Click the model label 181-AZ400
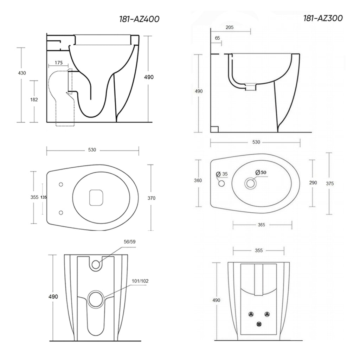[x=139, y=19]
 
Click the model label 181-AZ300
[x=323, y=18]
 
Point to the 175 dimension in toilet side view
[x=59, y=63]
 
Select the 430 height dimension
[x=22, y=73]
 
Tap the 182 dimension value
[x=34, y=99]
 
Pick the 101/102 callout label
[x=141, y=281]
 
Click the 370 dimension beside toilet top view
[x=151, y=198]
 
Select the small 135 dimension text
[x=44, y=198]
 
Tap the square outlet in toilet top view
[x=96, y=198]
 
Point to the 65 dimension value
[x=217, y=38]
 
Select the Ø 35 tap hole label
[x=222, y=174]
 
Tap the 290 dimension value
[x=313, y=182]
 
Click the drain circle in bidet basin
[x=251, y=183]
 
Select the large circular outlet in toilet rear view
[x=95, y=299]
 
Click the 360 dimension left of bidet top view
[x=198, y=180]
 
